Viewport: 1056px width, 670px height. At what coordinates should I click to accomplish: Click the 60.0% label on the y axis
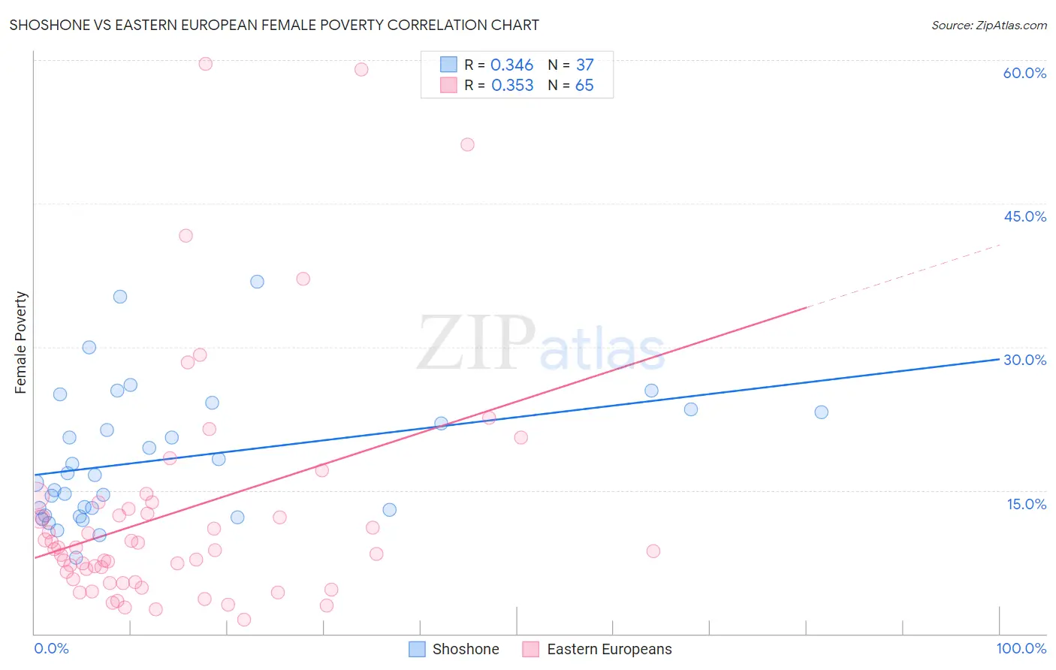1024,73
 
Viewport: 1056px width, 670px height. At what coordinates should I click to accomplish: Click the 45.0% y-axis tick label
1024,216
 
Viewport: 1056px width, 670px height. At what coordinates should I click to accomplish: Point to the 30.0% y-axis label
1024,360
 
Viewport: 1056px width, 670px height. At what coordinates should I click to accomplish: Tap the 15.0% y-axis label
1026,504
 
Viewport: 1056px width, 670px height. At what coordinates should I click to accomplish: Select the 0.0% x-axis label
51,648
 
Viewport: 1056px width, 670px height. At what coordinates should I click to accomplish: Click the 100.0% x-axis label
1021,648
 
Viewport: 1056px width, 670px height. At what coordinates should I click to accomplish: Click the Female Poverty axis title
21,343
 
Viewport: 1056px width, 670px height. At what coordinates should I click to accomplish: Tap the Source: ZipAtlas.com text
988,25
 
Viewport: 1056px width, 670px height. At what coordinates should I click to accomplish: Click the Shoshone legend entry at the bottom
454,649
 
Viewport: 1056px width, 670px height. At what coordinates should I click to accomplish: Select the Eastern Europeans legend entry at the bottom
597,649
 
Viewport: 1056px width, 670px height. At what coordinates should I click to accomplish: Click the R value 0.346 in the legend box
511,65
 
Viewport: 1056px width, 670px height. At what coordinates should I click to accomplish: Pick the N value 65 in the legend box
584,86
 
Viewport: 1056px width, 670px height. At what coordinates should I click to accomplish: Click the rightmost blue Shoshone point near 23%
821,412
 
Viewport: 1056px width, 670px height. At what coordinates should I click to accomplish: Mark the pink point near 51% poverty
467,145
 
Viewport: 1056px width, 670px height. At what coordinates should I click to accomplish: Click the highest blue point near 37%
257,282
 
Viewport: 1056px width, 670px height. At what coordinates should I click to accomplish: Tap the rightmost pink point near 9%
653,551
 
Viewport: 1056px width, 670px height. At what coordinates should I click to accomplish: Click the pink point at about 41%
186,236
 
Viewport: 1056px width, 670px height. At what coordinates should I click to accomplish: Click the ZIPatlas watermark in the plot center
541,343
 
